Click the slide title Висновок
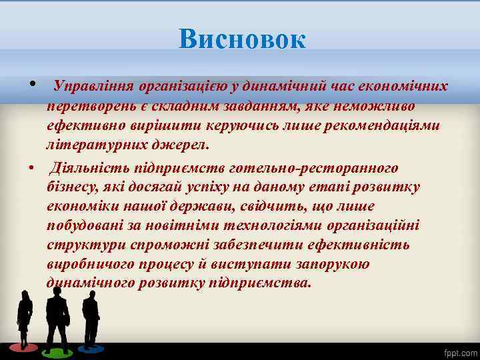point(242,40)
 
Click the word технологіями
point(249,225)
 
